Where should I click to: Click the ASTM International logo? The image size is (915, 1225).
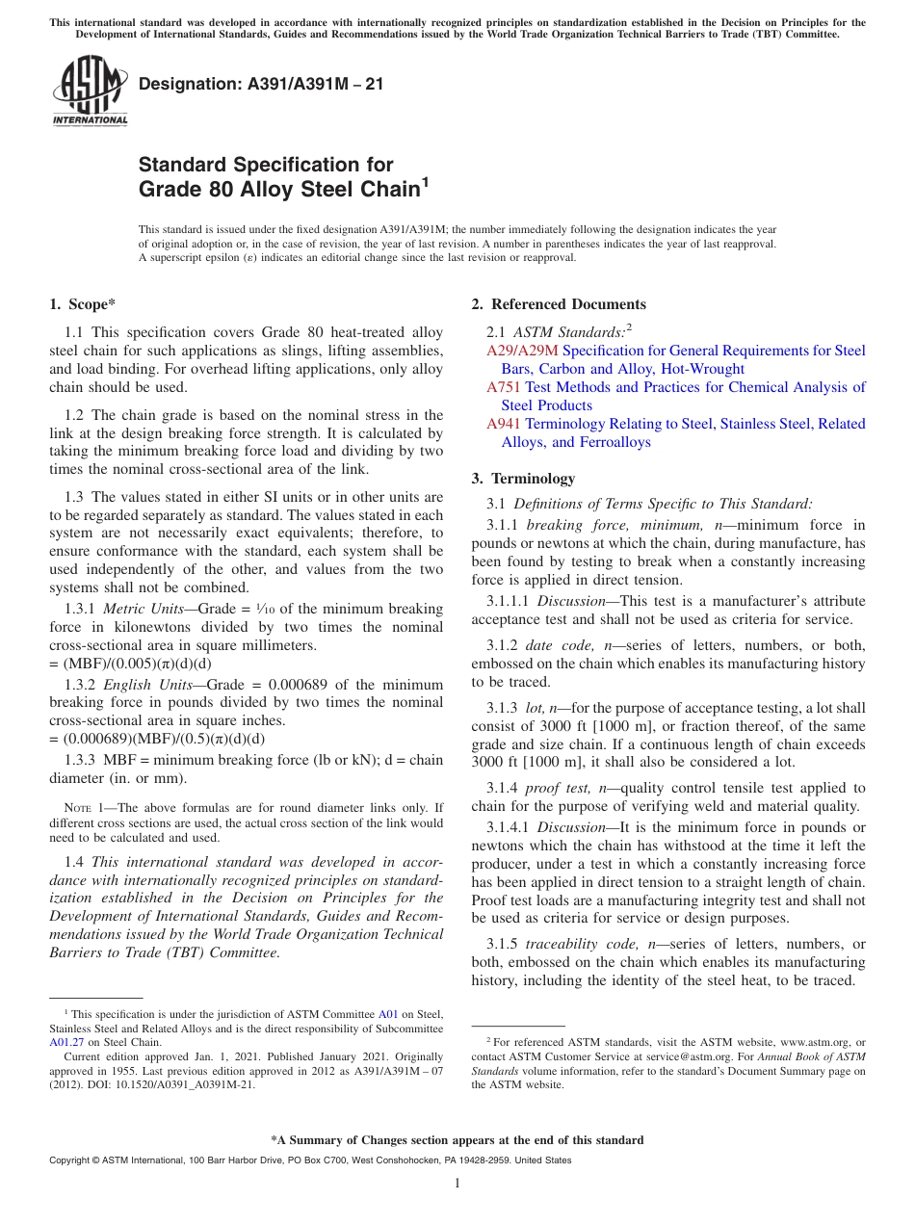coord(90,91)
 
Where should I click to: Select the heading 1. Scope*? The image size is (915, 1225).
coord(82,304)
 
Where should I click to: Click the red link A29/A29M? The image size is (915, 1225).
coord(522,351)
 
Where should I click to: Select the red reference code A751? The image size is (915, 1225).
coord(504,387)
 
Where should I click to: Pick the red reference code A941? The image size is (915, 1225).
coord(504,424)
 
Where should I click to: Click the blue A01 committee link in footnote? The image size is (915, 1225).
coord(388,1014)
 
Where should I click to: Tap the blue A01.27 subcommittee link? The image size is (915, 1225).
coord(65,1041)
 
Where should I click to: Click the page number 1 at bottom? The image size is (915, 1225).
coord(457,1183)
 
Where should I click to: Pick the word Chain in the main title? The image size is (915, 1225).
coord(379,190)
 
